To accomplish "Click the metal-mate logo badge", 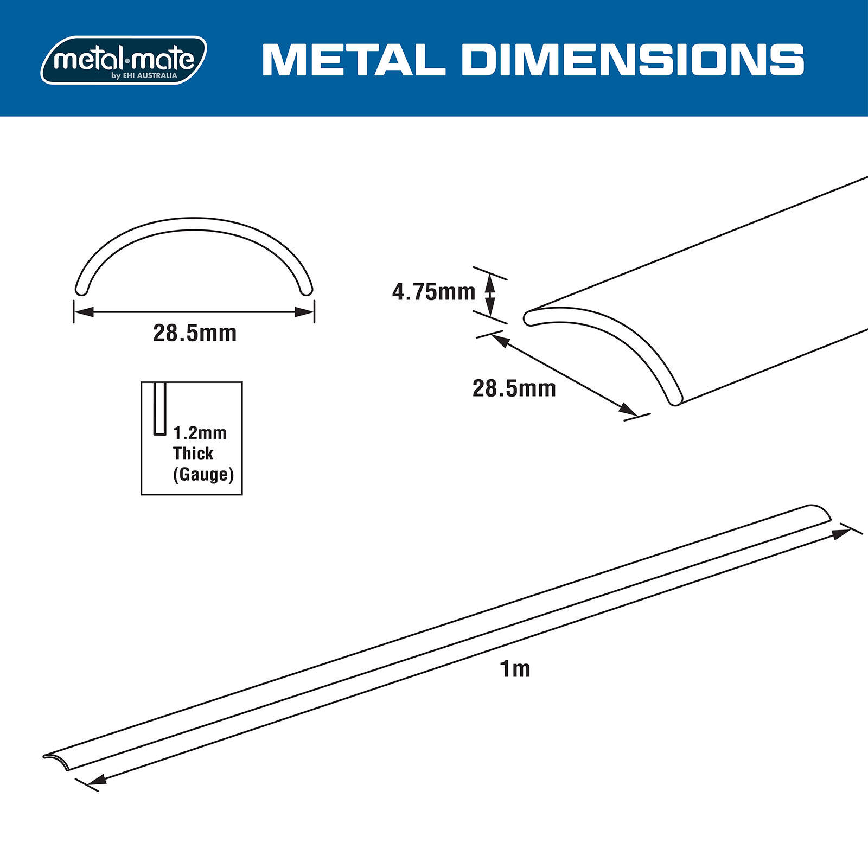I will (124, 60).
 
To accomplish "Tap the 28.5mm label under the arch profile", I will (195, 333).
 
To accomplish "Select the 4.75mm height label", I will (433, 292).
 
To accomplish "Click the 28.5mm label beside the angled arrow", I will (514, 388).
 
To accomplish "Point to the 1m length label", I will (514, 669).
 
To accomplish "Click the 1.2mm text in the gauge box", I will (200, 433).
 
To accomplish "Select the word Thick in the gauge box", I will (193, 454).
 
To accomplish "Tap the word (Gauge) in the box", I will (203, 474).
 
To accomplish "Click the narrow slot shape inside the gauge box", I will (159, 409).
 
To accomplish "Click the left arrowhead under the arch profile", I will (84, 312).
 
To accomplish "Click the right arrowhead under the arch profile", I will (304, 312).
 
